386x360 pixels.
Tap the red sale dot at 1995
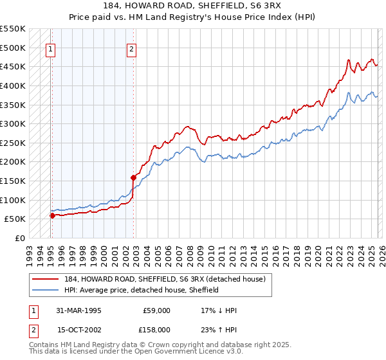pyautogui.click(x=52, y=215)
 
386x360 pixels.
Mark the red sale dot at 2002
pyautogui.click(x=133, y=177)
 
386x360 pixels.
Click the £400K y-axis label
pyautogui.click(x=13, y=85)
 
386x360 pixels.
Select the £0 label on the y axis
pyautogui.click(x=19, y=238)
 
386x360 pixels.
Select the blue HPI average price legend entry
pyautogui.click(x=140, y=290)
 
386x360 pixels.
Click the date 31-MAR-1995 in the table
pyautogui.click(x=79, y=310)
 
